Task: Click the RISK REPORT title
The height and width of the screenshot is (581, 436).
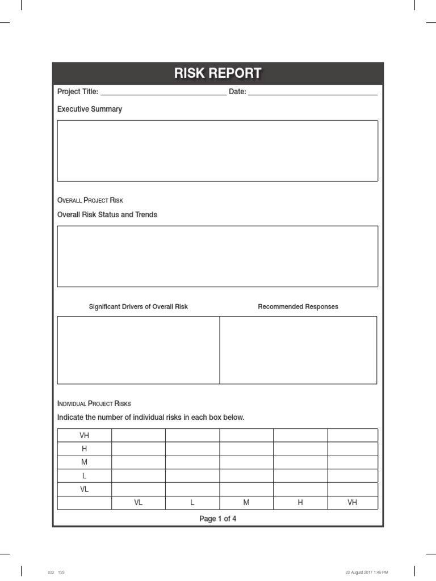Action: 217,74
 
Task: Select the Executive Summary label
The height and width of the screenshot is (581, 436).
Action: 90,109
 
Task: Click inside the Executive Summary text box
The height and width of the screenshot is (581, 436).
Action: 217,150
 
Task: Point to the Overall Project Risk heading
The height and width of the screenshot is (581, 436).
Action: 90,200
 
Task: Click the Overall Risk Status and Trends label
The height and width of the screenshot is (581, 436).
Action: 107,214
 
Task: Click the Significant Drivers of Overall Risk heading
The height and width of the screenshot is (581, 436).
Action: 138,306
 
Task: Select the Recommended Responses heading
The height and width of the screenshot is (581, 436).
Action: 298,306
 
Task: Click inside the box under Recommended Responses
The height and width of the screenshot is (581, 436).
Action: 298,350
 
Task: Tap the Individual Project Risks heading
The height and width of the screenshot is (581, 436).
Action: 94,403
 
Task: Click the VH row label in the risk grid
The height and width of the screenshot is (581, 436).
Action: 84,436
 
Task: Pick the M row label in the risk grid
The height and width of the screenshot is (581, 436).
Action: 84,462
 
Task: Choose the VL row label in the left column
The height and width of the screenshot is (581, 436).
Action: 84,489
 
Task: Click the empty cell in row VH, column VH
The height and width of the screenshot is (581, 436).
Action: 353,436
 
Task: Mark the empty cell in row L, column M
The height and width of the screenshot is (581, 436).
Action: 246,476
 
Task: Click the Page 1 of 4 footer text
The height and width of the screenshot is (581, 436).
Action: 217,519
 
